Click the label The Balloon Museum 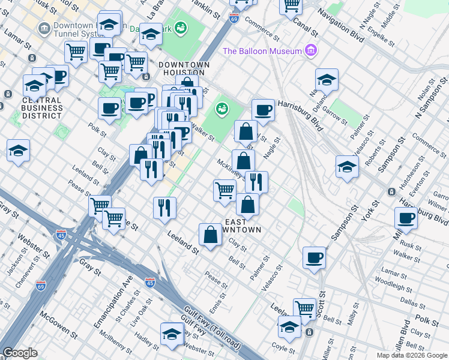pos(262,51)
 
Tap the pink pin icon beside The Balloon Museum pos(310,50)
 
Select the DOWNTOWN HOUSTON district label pos(184,69)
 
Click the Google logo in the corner pos(20,353)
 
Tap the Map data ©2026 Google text pos(411,355)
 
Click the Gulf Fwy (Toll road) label pos(204,329)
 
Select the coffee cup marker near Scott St pos(314,258)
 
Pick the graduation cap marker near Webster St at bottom pos(172,334)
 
